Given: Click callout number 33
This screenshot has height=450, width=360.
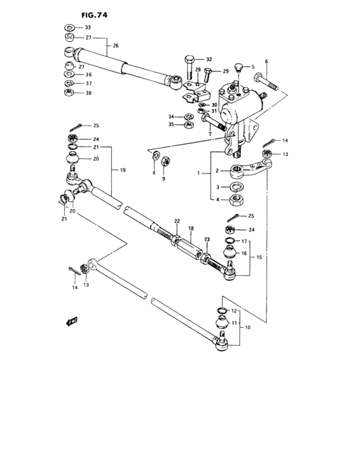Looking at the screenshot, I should pos(87,28).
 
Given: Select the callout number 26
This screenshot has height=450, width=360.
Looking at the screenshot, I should pos(116,46).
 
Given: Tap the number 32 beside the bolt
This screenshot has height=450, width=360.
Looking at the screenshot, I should pos(209,59).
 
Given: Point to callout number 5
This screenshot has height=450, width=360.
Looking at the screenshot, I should pos(253,67).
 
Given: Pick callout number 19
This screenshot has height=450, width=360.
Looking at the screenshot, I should pos(122,170).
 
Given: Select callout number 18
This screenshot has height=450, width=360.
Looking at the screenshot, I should pos(191,228).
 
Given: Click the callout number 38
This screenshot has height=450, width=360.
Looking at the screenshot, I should pos(88,93).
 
